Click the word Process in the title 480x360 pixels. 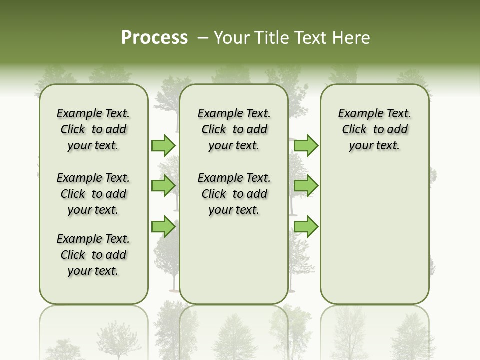(x=154, y=38)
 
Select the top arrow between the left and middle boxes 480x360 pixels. (x=163, y=145)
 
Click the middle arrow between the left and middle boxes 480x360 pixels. (x=163, y=186)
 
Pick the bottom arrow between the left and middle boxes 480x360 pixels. (x=163, y=226)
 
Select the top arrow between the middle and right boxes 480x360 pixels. (x=306, y=145)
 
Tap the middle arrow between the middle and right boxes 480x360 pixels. (x=306, y=186)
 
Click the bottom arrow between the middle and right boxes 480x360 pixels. (x=306, y=226)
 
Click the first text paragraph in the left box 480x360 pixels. (x=93, y=129)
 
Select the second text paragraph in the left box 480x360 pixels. (x=93, y=194)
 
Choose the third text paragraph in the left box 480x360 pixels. (x=93, y=255)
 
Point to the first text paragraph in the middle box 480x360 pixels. (x=234, y=129)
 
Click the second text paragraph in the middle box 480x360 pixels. (x=234, y=194)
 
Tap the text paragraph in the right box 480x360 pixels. (x=375, y=129)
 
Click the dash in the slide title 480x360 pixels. (x=203, y=38)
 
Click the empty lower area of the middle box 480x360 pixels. (x=234, y=260)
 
